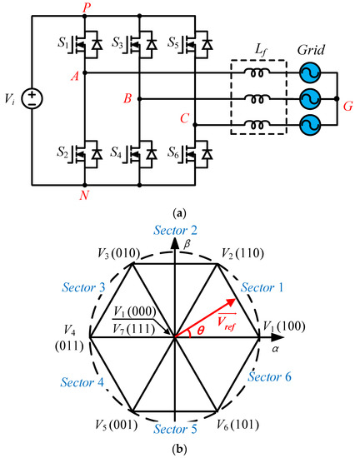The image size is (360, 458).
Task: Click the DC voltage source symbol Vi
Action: point(31,99)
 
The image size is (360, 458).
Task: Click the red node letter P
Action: point(86,7)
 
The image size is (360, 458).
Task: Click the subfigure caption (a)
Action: point(179,213)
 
